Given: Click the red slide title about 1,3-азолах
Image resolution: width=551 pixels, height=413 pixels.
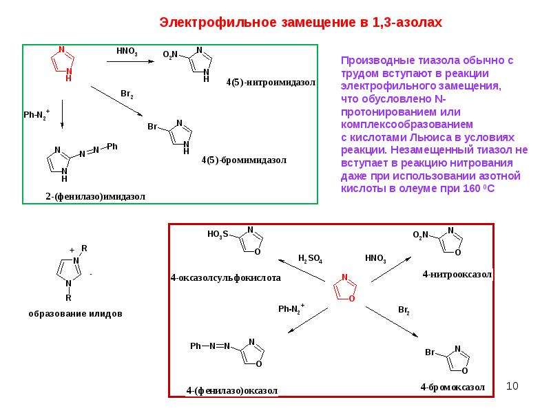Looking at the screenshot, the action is coord(300,23).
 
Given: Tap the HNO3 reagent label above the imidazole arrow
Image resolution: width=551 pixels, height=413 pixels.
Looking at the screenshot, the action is coord(127,51).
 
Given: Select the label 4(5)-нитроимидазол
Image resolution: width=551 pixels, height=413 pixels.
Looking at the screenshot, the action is coord(271,83).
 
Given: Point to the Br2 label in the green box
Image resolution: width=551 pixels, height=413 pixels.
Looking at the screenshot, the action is coord(127,94).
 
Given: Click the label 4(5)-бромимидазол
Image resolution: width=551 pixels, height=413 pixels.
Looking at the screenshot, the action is coord(244,160).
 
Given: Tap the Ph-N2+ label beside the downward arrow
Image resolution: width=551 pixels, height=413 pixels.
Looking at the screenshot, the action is coord(37,114).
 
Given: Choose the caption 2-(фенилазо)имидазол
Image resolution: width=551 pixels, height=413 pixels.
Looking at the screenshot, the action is coord(95,197).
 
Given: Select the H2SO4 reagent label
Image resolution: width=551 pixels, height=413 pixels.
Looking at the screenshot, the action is coord(311,259).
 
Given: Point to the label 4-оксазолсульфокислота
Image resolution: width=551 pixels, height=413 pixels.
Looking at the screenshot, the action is coord(226,278).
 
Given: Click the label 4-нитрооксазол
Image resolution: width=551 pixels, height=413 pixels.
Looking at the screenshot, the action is coord(457,274).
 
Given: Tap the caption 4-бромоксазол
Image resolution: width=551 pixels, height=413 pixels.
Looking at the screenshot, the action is coord(453,387).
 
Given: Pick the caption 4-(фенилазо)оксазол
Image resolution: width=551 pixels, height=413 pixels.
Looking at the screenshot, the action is coord(232,390).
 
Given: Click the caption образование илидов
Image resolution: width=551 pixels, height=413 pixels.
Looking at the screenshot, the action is coord(76,314).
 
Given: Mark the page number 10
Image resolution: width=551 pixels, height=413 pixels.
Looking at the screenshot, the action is coord(512,386).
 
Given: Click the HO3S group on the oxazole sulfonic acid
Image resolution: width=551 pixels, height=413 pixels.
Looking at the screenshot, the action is coord(218,234).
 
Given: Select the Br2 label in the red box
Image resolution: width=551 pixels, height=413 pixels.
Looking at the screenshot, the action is coord(404,310).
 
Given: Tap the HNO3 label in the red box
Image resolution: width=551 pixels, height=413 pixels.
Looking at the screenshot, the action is coord(375,259).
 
